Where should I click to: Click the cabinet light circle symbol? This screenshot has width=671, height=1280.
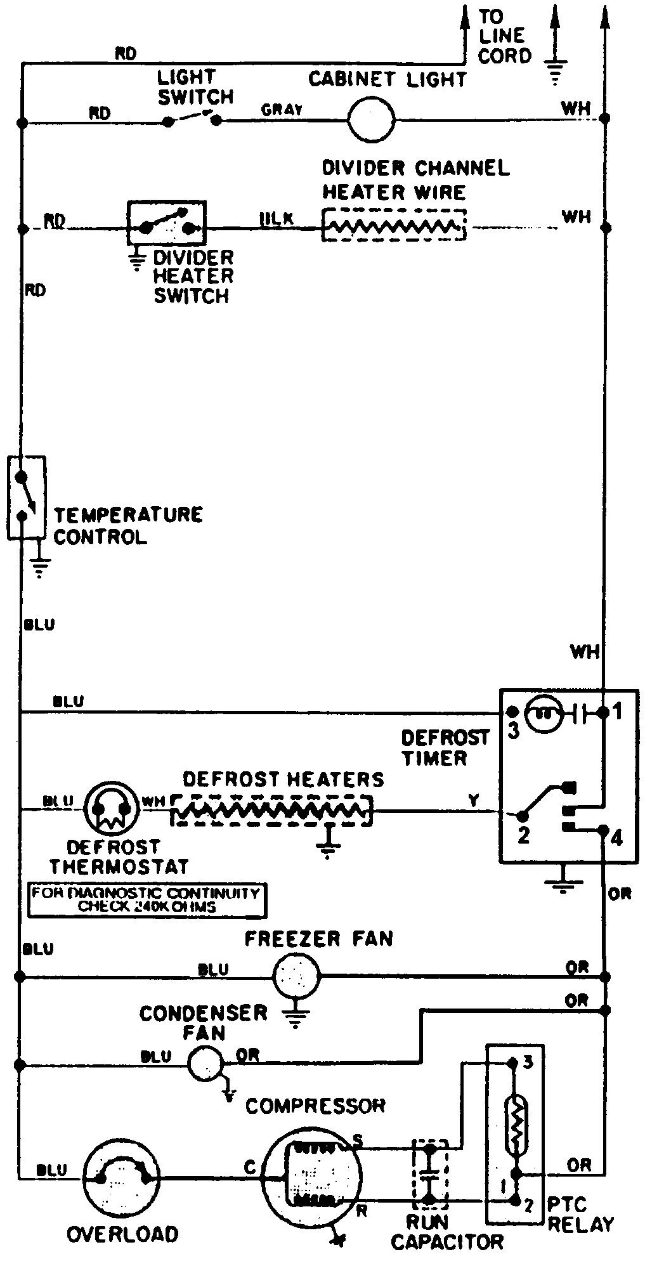point(372,119)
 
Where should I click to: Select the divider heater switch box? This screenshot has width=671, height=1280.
point(167,223)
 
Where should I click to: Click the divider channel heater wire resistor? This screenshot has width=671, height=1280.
point(394,225)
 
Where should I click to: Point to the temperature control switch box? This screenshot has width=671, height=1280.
point(26,498)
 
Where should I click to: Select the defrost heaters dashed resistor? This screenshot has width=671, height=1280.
point(271,810)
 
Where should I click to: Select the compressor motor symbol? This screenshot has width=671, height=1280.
point(311,1177)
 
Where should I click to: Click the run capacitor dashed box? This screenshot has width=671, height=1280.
point(429,1175)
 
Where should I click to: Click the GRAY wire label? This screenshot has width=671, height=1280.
point(283,110)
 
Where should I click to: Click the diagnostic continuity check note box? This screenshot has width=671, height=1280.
point(147,900)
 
